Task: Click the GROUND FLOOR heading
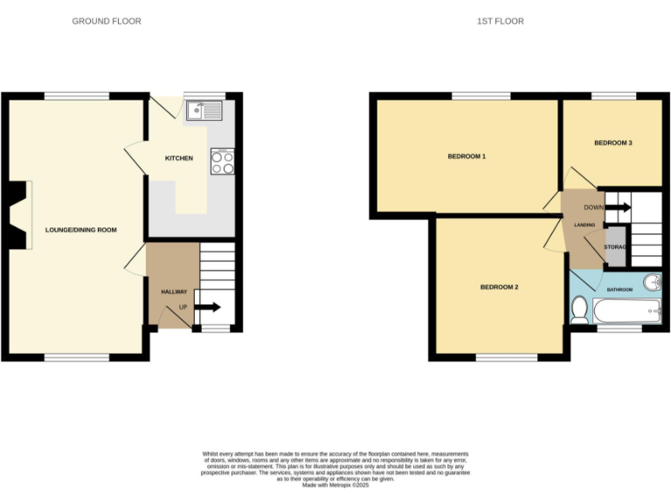(x=106, y=21)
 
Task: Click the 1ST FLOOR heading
(x=502, y=21)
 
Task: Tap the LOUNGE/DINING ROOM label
(x=81, y=230)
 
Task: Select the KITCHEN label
(x=179, y=158)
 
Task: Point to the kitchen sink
(x=204, y=110)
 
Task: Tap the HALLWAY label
(x=174, y=291)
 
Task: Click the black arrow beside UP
(x=207, y=307)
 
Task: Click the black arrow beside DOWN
(x=619, y=207)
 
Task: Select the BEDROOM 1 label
(x=466, y=157)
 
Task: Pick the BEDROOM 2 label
(x=499, y=287)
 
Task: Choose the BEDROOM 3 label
(x=612, y=143)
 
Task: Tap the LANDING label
(x=585, y=226)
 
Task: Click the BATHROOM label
(x=619, y=289)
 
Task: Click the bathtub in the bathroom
(x=627, y=310)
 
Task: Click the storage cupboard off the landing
(x=615, y=247)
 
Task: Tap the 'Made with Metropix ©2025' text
(x=335, y=485)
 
